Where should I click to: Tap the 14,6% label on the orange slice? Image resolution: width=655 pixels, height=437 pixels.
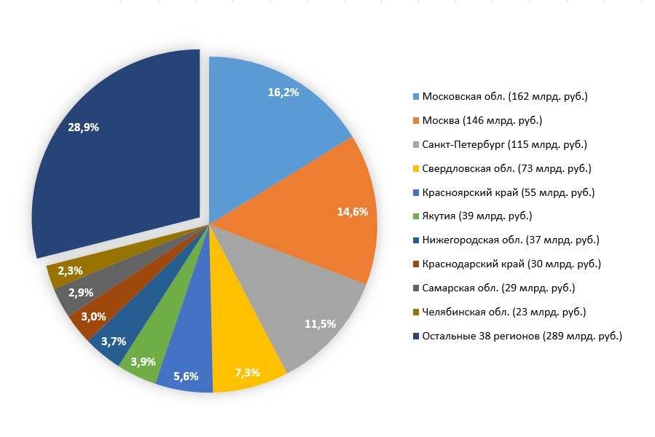(353, 212)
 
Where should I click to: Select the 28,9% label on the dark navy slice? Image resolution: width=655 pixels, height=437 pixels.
(83, 127)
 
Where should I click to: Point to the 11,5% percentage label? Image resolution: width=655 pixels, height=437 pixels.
(321, 323)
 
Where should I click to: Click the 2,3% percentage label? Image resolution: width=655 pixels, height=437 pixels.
(70, 270)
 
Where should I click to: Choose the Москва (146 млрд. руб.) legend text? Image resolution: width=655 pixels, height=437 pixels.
(482, 121)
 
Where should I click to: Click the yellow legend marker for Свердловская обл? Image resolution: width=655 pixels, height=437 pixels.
(416, 169)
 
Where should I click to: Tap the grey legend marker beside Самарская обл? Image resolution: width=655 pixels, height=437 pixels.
(416, 288)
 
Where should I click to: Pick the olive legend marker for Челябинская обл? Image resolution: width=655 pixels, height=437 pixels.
(416, 312)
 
